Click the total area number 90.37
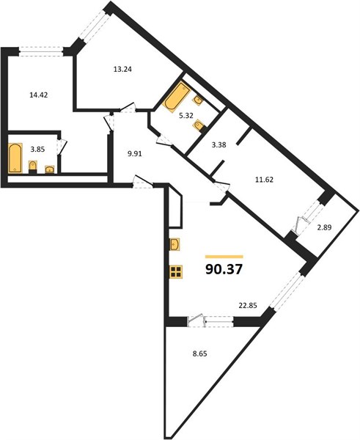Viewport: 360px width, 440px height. tap(224, 270)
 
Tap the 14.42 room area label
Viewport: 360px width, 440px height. tap(39, 95)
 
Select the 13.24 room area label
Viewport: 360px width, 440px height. tap(122, 69)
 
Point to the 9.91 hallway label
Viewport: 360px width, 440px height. tap(135, 153)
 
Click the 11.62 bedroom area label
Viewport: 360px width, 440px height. tap(264, 180)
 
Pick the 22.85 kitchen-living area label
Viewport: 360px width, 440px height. tap(248, 305)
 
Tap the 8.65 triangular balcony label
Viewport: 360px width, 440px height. tap(199, 353)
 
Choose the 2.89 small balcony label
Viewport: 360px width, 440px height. tap(324, 227)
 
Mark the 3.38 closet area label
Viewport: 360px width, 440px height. tap(219, 145)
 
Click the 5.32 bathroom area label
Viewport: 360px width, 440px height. tap(185, 116)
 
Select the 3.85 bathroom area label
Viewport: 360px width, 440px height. tap(37, 150)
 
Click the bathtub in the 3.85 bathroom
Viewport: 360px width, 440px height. tap(15, 158)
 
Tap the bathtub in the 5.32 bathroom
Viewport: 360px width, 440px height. tap(176, 96)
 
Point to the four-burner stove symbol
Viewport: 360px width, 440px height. tap(176, 271)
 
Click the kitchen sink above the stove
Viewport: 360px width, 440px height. tap(175, 244)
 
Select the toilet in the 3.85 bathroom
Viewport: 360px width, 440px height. tap(33, 167)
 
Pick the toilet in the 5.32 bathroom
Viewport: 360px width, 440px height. tap(199, 125)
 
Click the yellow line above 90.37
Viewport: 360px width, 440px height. tap(224, 257)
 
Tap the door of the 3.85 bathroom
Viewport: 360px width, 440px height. tap(63, 147)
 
